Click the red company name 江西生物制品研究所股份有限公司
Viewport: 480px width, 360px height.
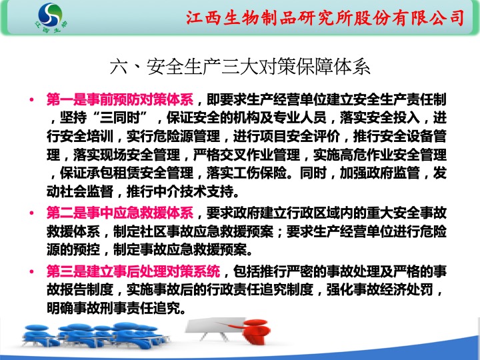pyautogui.click(x=325, y=17)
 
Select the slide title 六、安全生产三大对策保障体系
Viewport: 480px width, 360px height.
pyautogui.click(x=240, y=67)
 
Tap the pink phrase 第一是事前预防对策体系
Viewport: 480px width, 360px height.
pyautogui.click(x=120, y=99)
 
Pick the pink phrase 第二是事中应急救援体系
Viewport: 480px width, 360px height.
pyautogui.click(x=120, y=213)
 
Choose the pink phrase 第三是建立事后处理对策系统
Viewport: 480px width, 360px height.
pyautogui.click(x=133, y=271)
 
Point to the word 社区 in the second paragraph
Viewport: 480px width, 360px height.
pyautogui.click(x=153, y=232)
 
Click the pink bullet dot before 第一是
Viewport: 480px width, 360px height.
pyautogui.click(x=31, y=99)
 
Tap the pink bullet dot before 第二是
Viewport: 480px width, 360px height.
pyautogui.click(x=31, y=213)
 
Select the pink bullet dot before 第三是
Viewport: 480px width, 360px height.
pyautogui.click(x=31, y=271)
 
